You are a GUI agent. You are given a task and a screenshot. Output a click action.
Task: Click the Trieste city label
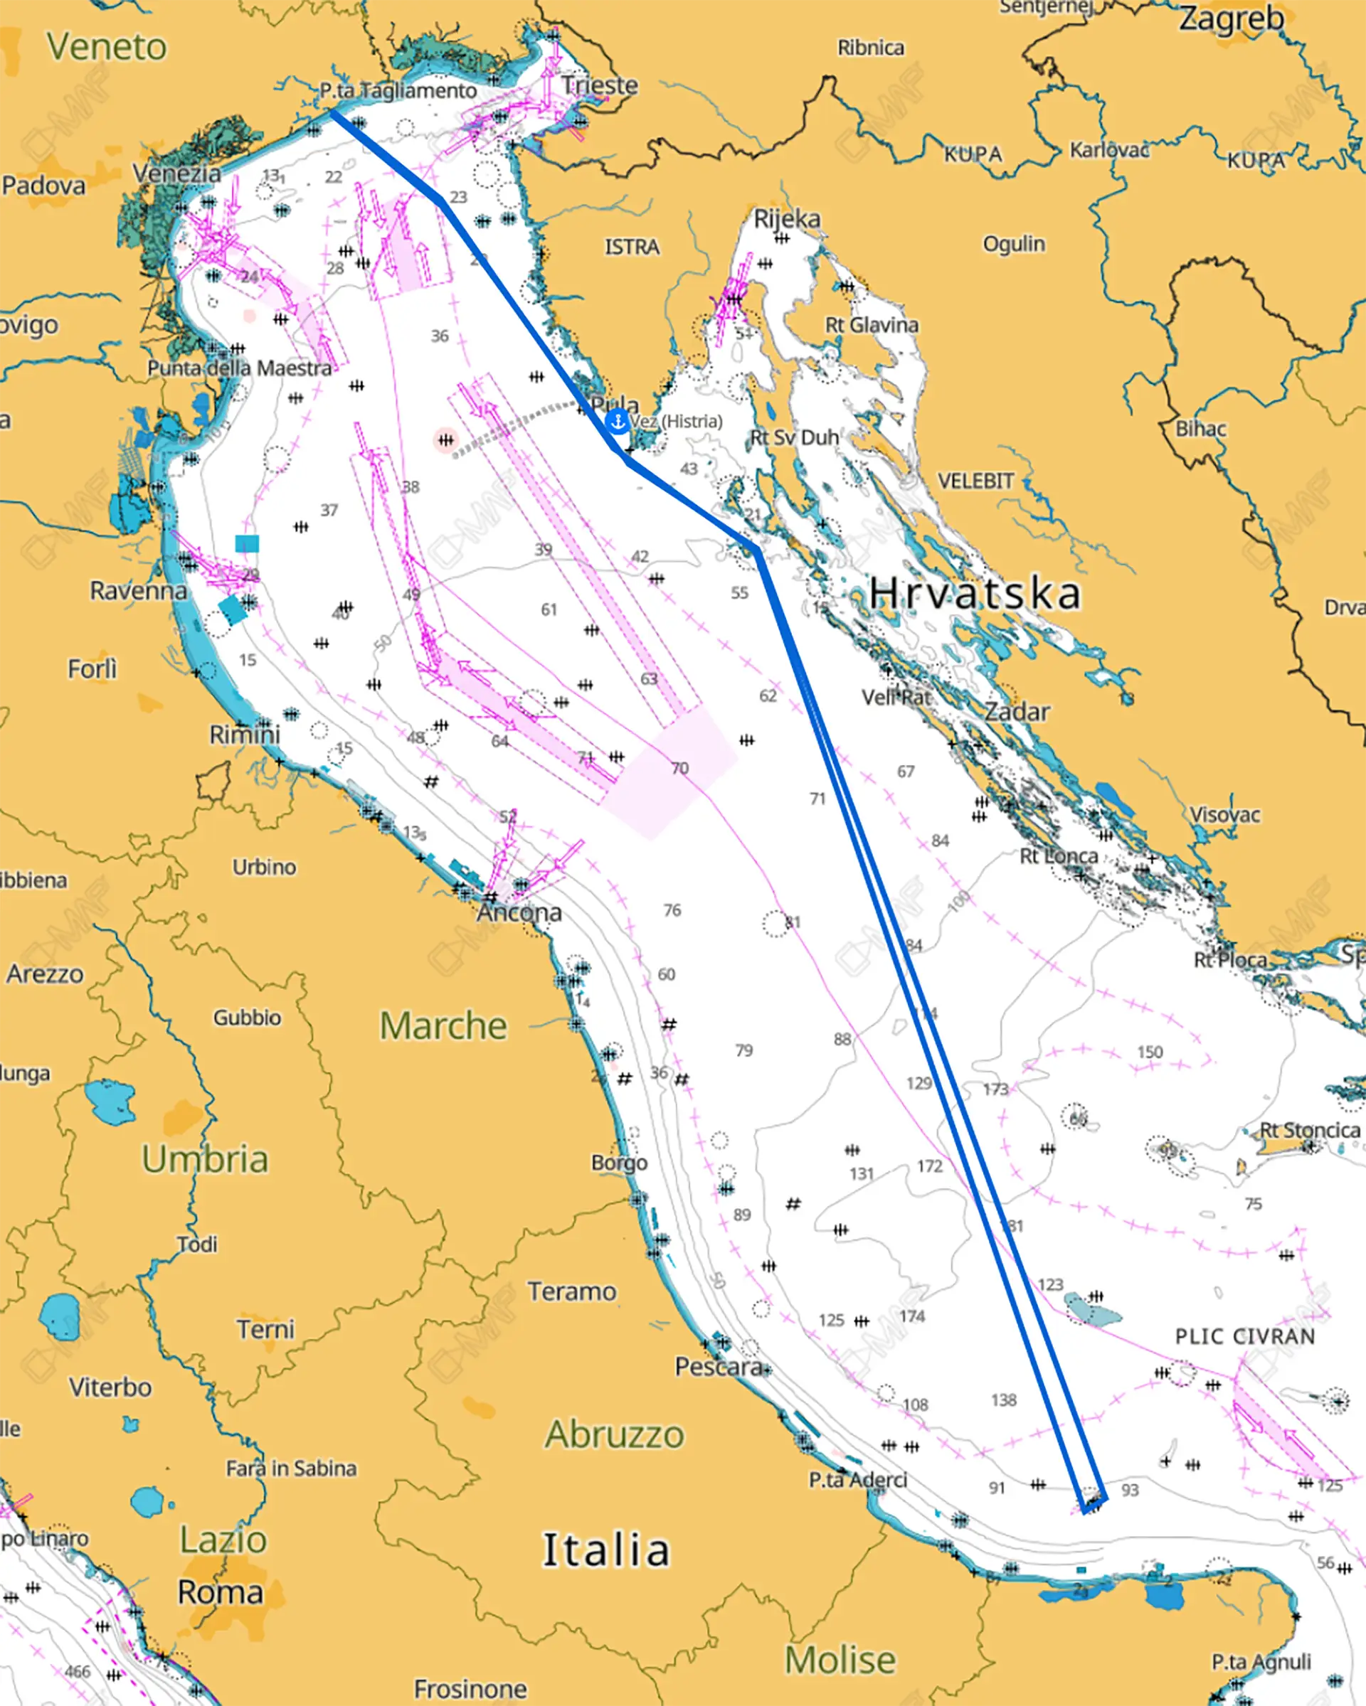coord(599,85)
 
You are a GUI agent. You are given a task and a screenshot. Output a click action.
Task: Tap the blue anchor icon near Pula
coord(617,422)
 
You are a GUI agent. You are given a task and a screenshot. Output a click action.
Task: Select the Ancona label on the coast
coord(519,912)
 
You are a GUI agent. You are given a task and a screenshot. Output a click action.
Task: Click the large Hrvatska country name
coord(974,594)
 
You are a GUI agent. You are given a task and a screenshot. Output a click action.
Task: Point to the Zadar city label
coord(1017,711)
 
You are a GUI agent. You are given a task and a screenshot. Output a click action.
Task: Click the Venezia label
coord(177,174)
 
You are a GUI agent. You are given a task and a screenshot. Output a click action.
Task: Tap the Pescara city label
coord(718,1367)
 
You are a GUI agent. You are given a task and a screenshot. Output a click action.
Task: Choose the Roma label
coord(220,1592)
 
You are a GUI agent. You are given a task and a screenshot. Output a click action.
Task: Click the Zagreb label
coord(1231,18)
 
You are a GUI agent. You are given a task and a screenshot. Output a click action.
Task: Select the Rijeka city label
coord(787,218)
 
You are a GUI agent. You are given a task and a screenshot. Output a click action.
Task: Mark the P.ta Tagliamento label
coord(398,90)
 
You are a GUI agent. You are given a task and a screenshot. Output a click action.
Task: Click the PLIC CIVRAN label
coord(1244,1336)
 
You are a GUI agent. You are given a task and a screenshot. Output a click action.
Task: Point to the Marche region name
coord(443,1025)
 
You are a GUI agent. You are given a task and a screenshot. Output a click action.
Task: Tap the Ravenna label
coord(139,590)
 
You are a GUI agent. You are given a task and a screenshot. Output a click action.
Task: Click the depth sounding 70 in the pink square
coord(680,768)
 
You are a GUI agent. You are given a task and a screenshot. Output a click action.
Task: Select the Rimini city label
coord(245,735)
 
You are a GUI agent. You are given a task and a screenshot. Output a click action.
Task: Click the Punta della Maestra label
coord(240,368)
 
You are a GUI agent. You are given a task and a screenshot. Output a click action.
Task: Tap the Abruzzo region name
coord(614,1434)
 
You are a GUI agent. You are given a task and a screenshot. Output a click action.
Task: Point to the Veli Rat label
coord(896,697)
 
